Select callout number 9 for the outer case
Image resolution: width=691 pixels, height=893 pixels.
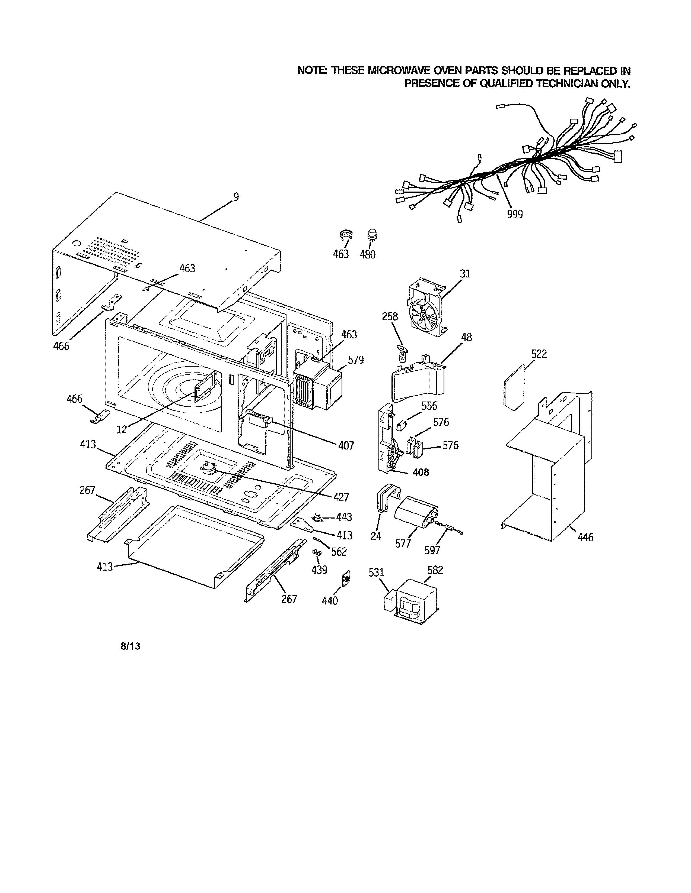pos(236,197)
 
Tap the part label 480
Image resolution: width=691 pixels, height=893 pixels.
pos(368,255)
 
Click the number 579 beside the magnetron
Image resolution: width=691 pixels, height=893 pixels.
pos(356,360)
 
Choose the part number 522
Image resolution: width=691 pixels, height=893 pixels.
pos(539,354)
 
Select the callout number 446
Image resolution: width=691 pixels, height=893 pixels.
pos(585,537)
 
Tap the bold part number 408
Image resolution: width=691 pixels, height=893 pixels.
pos(421,472)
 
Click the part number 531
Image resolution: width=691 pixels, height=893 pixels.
pos(376,572)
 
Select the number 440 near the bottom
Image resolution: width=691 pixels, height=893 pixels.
pos(330,601)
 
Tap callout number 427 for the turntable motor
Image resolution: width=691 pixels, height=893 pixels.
pos(340,497)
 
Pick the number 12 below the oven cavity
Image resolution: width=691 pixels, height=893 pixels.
pos(122,429)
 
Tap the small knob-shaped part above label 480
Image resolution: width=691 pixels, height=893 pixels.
pos(372,235)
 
